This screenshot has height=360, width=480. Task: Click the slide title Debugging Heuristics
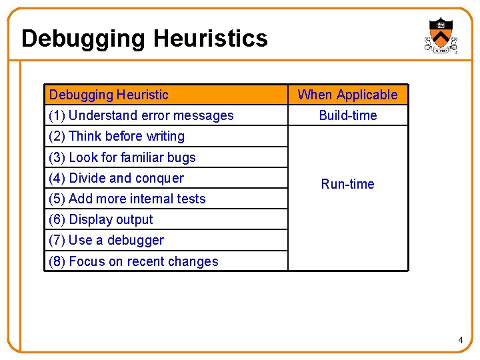(x=144, y=39)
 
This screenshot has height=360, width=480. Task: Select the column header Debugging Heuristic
(x=109, y=95)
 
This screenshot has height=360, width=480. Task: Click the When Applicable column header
(x=347, y=95)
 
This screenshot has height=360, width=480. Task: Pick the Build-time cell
(x=347, y=115)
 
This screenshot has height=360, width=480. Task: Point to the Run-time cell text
(x=347, y=184)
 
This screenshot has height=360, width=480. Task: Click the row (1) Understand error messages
(x=141, y=115)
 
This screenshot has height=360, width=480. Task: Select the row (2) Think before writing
(x=117, y=136)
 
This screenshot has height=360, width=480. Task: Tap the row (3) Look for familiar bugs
(x=123, y=157)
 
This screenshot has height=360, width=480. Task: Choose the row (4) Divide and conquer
(x=117, y=178)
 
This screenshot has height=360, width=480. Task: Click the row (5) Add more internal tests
(x=127, y=199)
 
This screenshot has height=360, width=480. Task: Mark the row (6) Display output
(x=101, y=219)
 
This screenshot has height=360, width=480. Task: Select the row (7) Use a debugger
(x=107, y=240)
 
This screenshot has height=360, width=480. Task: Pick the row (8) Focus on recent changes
(x=133, y=261)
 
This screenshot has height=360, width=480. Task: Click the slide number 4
(x=460, y=341)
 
